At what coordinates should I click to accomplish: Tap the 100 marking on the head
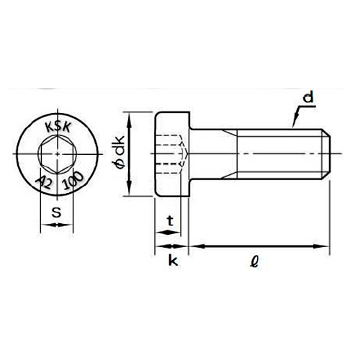pos(72,181)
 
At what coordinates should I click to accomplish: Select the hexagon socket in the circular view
pos(54,153)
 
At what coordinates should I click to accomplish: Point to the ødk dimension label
pos(118,153)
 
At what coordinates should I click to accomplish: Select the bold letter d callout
pos(307,96)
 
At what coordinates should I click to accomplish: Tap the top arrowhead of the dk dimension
pos(128,117)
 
